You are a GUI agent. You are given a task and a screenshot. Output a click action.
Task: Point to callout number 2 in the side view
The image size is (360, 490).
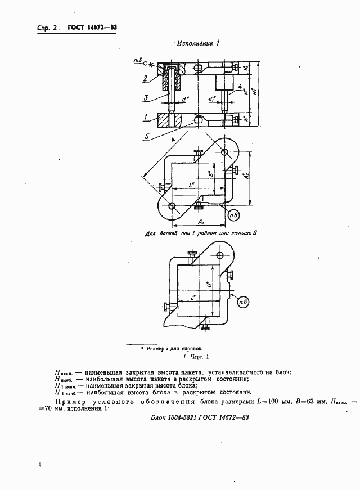145,78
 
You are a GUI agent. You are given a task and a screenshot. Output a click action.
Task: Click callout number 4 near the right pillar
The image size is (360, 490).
240,87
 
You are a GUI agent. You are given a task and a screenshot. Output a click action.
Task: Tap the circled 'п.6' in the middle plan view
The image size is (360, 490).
232,214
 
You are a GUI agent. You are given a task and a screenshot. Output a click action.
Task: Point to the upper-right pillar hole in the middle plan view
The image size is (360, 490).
224,153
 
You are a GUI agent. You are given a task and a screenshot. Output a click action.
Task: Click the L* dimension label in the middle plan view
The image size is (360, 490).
192,183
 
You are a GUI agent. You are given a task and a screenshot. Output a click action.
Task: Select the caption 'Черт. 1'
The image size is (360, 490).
196,356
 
